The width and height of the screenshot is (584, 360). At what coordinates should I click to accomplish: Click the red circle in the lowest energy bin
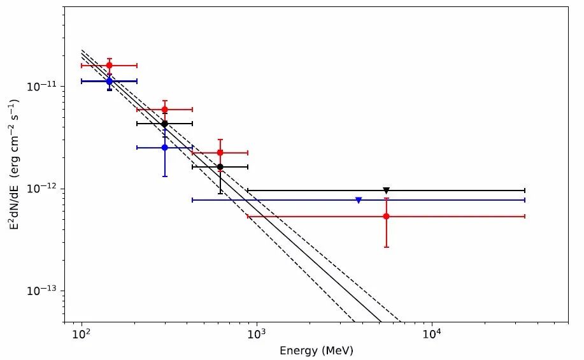pyautogui.click(x=110, y=66)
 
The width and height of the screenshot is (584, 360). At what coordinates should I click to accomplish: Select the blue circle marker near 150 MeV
pyautogui.click(x=110, y=82)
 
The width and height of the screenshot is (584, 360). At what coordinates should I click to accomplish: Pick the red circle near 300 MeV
pyautogui.click(x=165, y=110)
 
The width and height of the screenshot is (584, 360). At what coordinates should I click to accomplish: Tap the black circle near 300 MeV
pyautogui.click(x=165, y=124)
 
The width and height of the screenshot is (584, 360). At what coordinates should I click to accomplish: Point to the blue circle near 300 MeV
pyautogui.click(x=165, y=147)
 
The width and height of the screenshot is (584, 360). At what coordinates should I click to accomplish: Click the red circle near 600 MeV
pyautogui.click(x=220, y=153)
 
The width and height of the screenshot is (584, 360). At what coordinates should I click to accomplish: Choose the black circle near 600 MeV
pyautogui.click(x=220, y=167)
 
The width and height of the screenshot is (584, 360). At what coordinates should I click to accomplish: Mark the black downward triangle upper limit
pyautogui.click(x=387, y=191)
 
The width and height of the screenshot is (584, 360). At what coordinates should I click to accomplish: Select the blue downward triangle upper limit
pyautogui.click(x=359, y=200)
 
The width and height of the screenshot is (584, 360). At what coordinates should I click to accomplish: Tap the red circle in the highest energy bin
pyautogui.click(x=387, y=217)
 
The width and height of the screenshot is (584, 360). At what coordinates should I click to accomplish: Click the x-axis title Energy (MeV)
pyautogui.click(x=317, y=351)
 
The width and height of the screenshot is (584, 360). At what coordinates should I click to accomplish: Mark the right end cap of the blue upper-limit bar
pyautogui.click(x=524, y=200)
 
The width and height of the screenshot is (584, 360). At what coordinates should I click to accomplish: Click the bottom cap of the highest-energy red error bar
pyautogui.click(x=387, y=247)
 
